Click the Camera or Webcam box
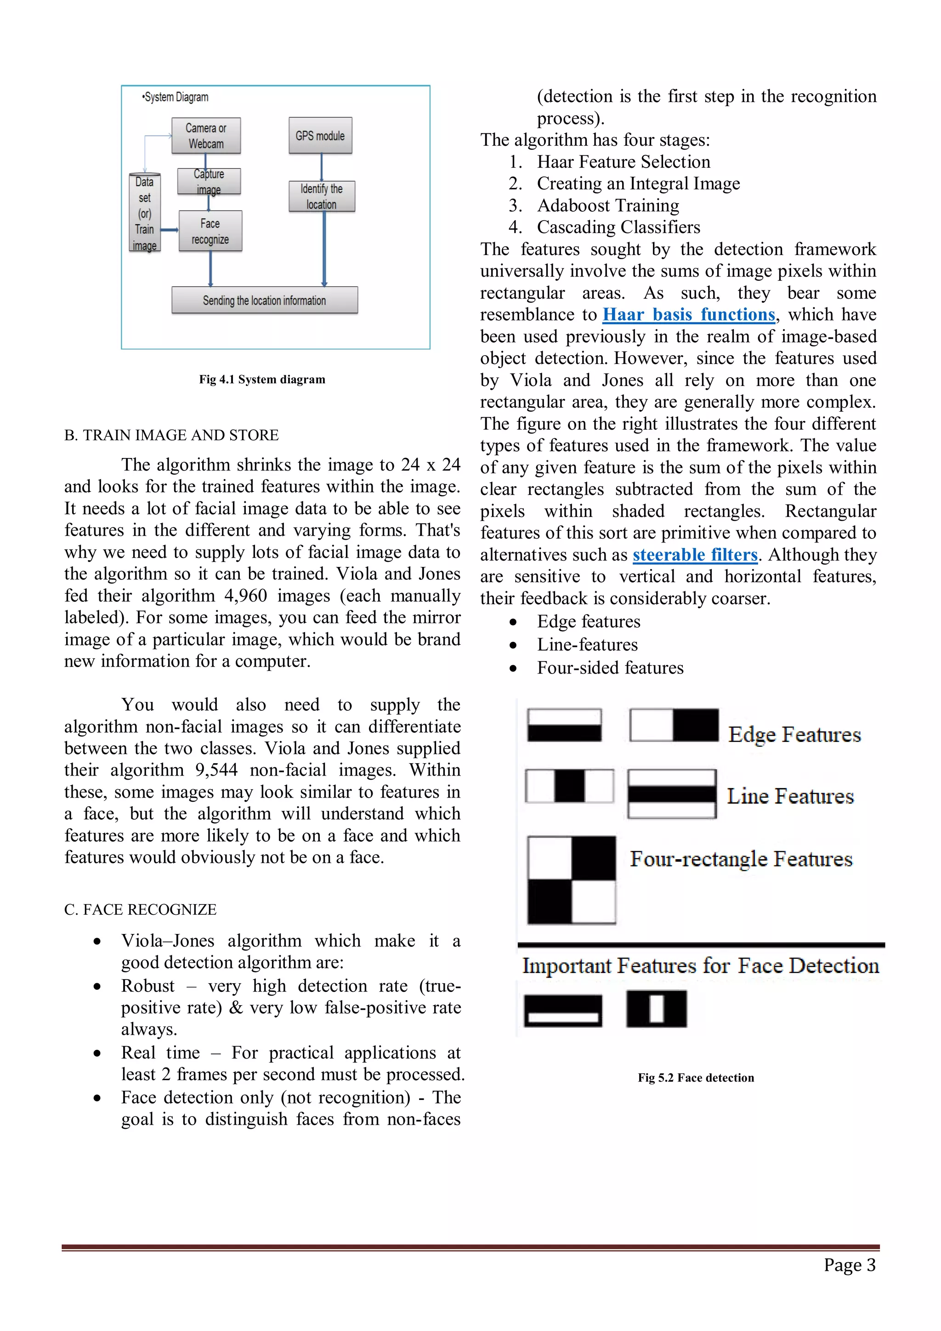[206, 136]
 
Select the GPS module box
[320, 136]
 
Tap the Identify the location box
[321, 197]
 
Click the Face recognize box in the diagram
[210, 231]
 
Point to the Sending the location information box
[264, 300]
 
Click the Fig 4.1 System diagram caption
[262, 379]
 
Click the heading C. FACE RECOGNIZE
[140, 910]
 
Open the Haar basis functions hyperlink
[688, 315]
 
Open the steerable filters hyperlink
[695, 555]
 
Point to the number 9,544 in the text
[216, 770]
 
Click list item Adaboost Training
[607, 206]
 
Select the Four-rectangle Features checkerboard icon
[571, 880]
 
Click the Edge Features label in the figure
[794, 735]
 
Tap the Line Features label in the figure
[790, 796]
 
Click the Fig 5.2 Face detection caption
[696, 1078]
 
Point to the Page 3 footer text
[850, 1265]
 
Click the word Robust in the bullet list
[148, 986]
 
